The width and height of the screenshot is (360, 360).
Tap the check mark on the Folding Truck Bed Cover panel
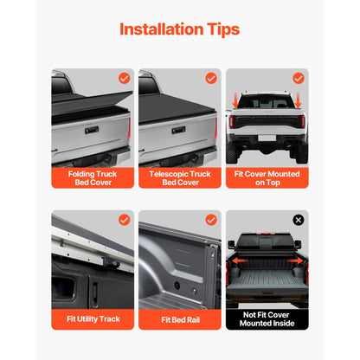123,78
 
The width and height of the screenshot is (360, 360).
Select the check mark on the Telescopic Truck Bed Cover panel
210,78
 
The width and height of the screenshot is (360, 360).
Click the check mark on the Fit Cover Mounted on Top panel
299,78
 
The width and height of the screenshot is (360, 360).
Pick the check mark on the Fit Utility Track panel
123,220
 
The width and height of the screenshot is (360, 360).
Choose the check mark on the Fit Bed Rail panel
210,220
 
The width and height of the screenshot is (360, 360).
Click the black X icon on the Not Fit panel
299,220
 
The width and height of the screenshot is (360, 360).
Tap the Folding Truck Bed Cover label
93,178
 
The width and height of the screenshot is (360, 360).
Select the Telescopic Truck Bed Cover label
180,178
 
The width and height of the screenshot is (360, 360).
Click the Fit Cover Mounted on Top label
267,178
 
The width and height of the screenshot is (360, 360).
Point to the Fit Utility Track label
93,319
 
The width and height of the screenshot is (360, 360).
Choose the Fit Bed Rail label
180,319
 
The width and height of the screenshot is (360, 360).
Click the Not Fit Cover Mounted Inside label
267,319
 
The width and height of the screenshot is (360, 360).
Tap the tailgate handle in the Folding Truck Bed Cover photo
91,131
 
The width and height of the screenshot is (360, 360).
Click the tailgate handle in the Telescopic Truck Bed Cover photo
178,131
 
